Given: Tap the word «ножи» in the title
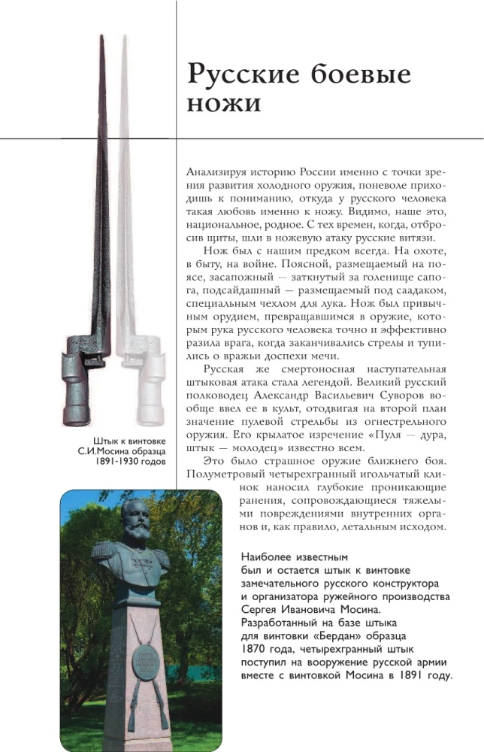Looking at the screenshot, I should [224, 105].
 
